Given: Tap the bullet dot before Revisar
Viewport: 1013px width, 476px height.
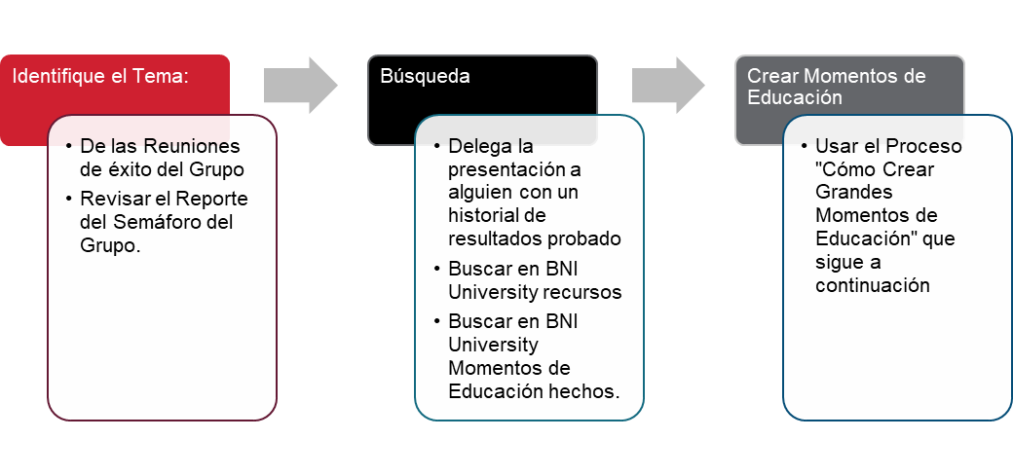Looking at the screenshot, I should pos(69,199).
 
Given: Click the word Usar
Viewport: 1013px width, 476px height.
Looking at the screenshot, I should pos(835,146).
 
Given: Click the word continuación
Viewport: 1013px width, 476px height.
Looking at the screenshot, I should pos(873,286).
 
